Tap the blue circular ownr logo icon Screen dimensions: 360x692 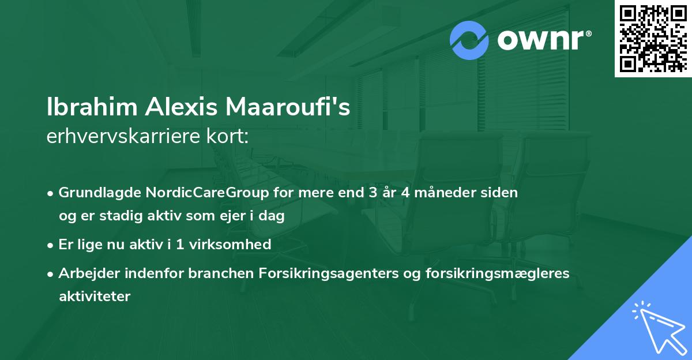(469, 40)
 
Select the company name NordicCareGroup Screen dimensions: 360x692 (201, 193)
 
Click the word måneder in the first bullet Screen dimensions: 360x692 (446, 193)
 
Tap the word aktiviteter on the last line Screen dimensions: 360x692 (95, 297)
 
